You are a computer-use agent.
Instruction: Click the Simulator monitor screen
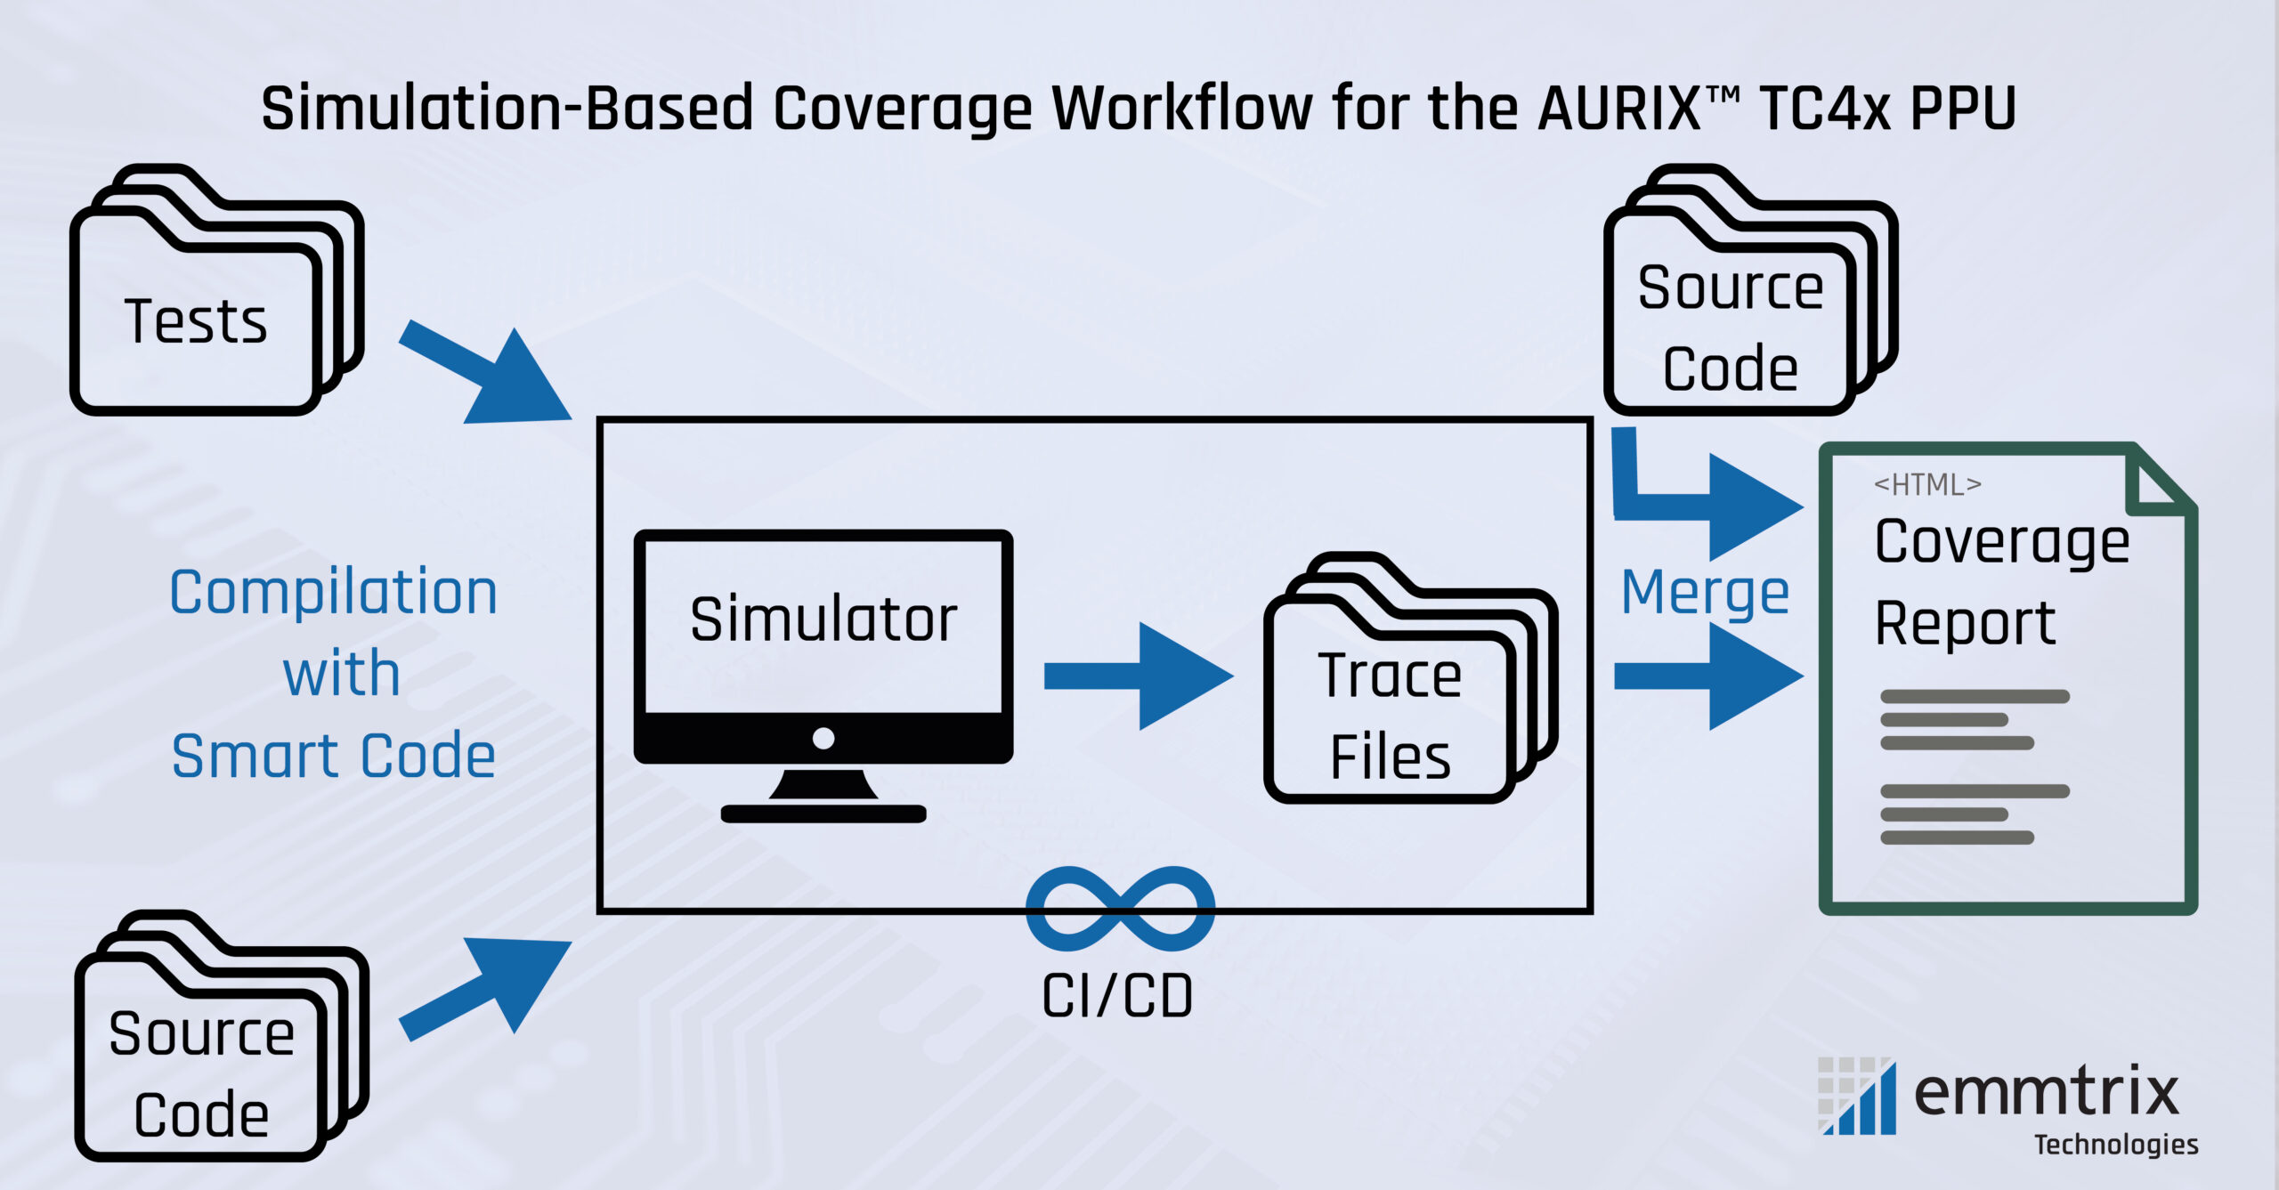(823, 623)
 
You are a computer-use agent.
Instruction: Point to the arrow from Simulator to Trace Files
(1139, 676)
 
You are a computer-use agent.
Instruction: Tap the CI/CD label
(1117, 997)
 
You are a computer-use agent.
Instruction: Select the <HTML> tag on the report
(1927, 485)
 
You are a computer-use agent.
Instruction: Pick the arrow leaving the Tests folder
(485, 374)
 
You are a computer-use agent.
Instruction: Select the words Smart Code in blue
(333, 757)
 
